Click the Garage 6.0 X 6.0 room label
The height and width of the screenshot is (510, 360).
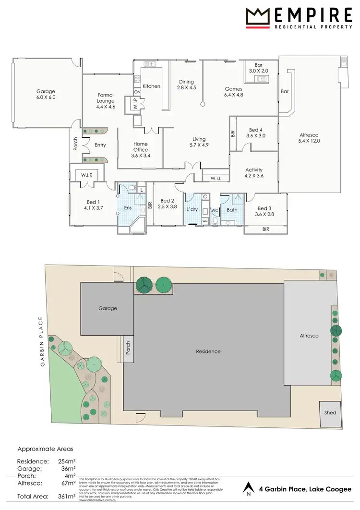[46, 94]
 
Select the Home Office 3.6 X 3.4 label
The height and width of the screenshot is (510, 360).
[140, 150]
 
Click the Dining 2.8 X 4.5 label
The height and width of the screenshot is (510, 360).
[186, 85]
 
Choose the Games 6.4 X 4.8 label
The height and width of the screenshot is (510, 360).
[234, 92]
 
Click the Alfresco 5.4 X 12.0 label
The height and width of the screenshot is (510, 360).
[309, 138]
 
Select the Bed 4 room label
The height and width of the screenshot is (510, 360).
[256, 133]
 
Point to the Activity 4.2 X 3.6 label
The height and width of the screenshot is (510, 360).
[254, 173]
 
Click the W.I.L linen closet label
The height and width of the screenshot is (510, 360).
[216, 179]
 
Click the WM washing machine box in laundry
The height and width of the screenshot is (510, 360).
[205, 221]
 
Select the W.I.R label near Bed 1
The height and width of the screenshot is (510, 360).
[87, 175]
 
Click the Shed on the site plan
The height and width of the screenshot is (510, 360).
[330, 413]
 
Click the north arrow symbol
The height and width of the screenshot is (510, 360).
[248, 489]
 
